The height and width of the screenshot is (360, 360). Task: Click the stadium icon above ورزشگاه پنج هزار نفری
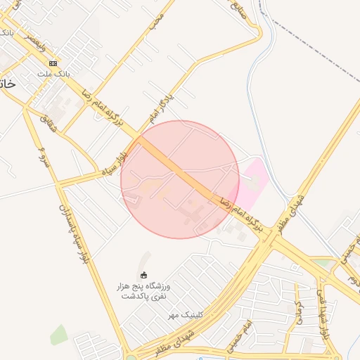[144, 274]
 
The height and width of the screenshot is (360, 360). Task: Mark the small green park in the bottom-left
[59, 335]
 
